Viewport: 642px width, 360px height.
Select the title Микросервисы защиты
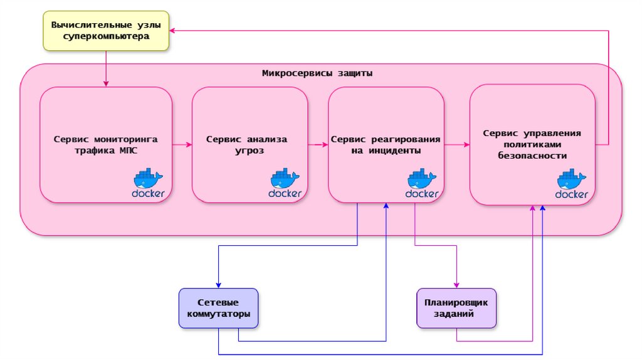pos(317,73)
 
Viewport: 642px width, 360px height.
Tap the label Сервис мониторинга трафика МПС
pos(105,144)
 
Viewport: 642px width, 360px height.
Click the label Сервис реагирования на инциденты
pos(386,145)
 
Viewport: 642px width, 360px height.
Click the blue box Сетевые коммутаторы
pos(218,307)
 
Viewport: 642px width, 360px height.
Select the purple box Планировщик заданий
pos(456,307)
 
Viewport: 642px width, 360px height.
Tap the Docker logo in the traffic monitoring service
pos(149,183)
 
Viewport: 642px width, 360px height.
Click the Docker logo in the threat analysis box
pos(285,183)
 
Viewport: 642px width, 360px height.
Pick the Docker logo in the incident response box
pos(422,183)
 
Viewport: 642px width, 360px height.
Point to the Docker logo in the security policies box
pos(572,185)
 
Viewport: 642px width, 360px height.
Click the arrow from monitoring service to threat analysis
pos(182,145)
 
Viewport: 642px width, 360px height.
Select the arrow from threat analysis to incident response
pos(318,145)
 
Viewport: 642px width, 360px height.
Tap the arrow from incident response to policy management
pos(457,145)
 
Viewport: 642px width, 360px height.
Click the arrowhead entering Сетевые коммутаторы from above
pos(218,284)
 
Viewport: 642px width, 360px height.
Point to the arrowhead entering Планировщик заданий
pos(456,284)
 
